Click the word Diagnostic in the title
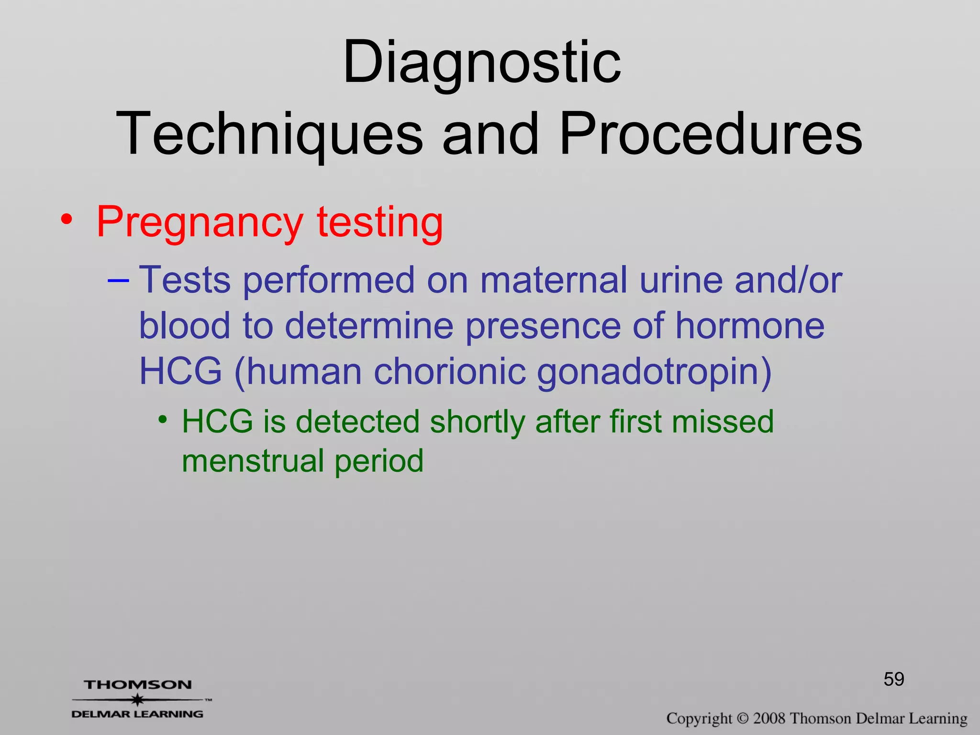[482, 63]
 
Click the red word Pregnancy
[200, 223]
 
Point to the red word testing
[380, 223]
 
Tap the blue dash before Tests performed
[118, 280]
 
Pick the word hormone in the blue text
[750, 326]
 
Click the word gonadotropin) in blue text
[654, 372]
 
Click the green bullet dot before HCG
[163, 420]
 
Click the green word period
[379, 462]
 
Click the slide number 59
[894, 679]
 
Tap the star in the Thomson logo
[137, 700]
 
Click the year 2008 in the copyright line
[769, 718]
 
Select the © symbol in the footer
[742, 718]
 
